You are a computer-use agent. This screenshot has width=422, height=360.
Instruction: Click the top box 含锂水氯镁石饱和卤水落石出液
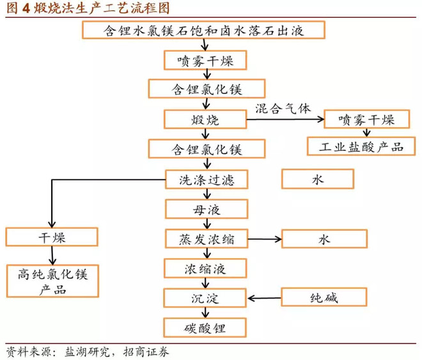click(x=204, y=30)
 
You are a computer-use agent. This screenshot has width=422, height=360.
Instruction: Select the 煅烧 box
click(x=204, y=120)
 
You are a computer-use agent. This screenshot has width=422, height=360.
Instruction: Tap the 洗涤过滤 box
click(x=204, y=180)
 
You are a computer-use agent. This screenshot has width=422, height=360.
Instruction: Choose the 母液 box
click(x=204, y=210)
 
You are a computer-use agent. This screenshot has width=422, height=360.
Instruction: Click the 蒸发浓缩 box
click(x=204, y=240)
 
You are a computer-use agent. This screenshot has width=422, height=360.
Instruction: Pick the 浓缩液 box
click(x=204, y=269)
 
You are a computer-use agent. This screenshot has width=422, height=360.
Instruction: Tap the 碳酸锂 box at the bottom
click(x=204, y=329)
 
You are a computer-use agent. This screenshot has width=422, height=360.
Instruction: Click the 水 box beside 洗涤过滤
click(x=318, y=179)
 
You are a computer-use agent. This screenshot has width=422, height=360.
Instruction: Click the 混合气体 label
click(x=282, y=108)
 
